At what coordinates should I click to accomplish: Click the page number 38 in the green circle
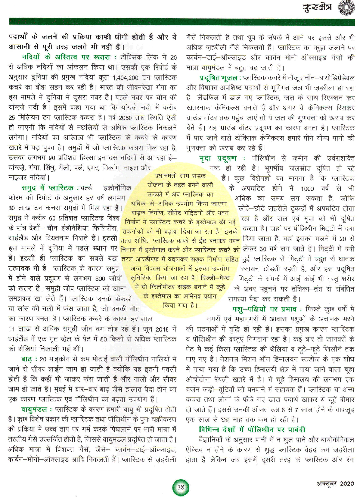181,487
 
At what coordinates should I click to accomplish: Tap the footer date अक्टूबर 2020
335,484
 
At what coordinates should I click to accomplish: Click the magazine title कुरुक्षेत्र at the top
317,8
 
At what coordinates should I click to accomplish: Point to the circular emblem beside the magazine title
347,8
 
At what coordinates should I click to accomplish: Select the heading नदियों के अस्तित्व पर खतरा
66,57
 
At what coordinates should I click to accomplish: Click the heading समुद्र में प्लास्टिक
50,188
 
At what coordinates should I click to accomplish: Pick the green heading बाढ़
27,359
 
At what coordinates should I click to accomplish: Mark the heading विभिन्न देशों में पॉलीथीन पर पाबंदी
252,430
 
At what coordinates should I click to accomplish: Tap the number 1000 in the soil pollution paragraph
307,188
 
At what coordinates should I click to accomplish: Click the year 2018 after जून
163,329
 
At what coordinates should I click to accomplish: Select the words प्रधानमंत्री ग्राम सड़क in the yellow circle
180,176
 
